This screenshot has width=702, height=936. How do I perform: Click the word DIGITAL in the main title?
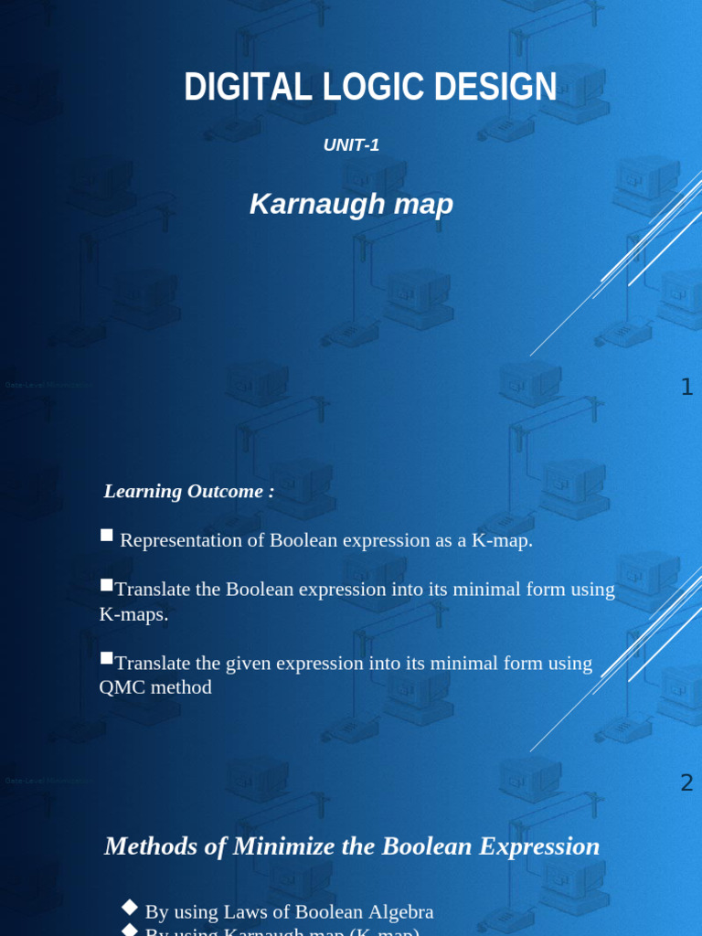(x=232, y=88)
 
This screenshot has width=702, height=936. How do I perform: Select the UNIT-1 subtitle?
(x=351, y=144)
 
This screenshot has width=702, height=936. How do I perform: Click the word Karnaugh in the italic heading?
(x=302, y=205)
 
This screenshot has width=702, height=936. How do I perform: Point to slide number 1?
(x=686, y=388)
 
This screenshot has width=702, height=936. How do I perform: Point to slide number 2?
(x=686, y=782)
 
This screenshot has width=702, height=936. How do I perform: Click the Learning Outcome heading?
(x=188, y=491)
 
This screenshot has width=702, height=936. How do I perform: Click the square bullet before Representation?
(x=106, y=536)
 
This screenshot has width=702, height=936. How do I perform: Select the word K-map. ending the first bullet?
(x=502, y=540)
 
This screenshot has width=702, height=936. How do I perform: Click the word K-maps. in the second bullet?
(x=133, y=614)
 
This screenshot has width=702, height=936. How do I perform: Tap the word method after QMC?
(x=182, y=687)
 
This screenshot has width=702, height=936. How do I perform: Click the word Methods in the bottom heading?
(x=150, y=846)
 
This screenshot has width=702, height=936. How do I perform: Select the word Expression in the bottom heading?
(x=543, y=846)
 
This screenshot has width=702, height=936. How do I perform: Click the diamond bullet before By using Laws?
(x=131, y=906)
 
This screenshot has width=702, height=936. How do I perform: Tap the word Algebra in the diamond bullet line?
(x=399, y=911)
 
